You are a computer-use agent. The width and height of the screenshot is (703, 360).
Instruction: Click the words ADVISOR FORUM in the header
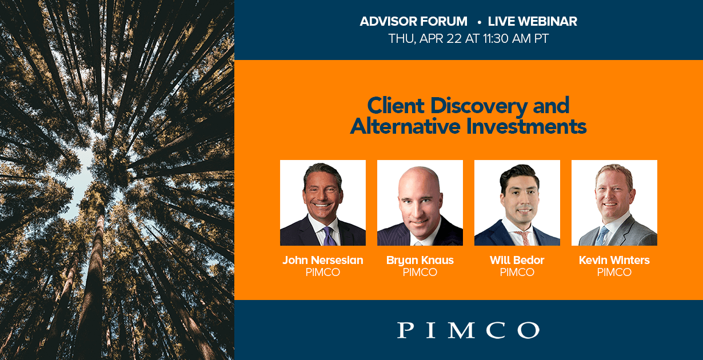[413, 21]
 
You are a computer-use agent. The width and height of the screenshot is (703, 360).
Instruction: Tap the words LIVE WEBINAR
[532, 21]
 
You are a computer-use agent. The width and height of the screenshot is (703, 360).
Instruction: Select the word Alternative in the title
[406, 126]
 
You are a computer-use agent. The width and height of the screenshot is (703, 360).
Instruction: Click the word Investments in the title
[526, 126]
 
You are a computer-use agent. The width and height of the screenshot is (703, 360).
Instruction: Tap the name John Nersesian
[322, 260]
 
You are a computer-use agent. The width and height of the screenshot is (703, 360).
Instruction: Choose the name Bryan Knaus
[420, 261]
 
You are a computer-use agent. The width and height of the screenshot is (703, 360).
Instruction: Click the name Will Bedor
[517, 260]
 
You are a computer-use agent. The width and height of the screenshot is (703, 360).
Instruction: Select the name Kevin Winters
[614, 260]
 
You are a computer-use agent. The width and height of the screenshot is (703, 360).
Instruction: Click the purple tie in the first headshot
[328, 236]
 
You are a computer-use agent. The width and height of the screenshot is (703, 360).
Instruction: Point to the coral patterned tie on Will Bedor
[525, 238]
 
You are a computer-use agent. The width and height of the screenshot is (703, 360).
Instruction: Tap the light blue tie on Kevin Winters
[601, 237]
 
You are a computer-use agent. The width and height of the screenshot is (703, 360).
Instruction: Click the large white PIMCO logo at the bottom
[468, 330]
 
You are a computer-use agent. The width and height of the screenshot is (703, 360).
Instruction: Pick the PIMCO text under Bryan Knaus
[420, 272]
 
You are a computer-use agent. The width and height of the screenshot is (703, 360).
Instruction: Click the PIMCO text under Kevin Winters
[614, 272]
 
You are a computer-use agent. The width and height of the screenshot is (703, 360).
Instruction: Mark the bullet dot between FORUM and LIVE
[479, 22]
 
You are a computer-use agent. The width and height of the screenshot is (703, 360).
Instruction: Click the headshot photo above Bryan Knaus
[420, 203]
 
